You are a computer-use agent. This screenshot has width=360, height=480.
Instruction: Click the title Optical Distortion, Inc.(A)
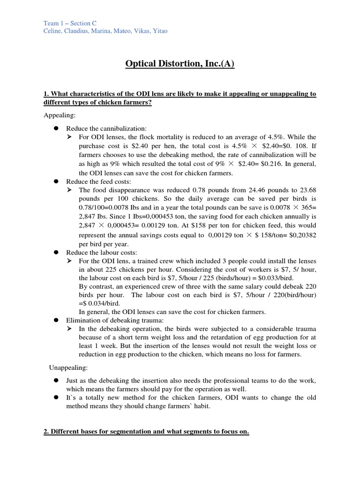pyautogui.click(x=180, y=63)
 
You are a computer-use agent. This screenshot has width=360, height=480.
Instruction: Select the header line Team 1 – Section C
pyautogui.click(x=70, y=22)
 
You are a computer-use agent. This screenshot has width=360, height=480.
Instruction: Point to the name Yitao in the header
pyautogui.click(x=158, y=31)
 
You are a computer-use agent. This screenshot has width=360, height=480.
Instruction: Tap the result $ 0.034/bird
pyautogui.click(x=99, y=302)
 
